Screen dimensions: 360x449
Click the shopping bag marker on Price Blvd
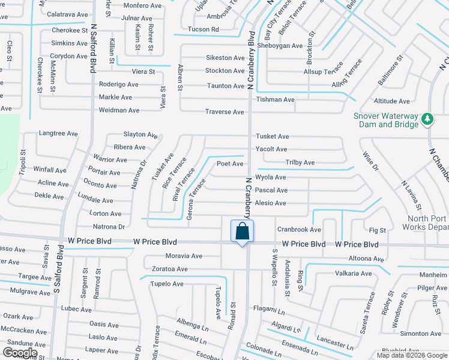(242, 232)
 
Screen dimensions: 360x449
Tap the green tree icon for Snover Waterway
(427, 119)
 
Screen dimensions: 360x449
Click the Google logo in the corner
(20, 353)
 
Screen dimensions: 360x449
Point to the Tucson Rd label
(203, 29)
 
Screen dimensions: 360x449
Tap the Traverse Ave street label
(225, 112)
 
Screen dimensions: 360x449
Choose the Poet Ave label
(230, 164)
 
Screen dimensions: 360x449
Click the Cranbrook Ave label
(299, 230)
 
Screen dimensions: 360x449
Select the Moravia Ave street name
(184, 256)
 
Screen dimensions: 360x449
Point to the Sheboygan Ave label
(280, 46)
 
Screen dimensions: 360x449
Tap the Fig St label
(378, 230)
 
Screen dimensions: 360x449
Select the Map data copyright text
(411, 355)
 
